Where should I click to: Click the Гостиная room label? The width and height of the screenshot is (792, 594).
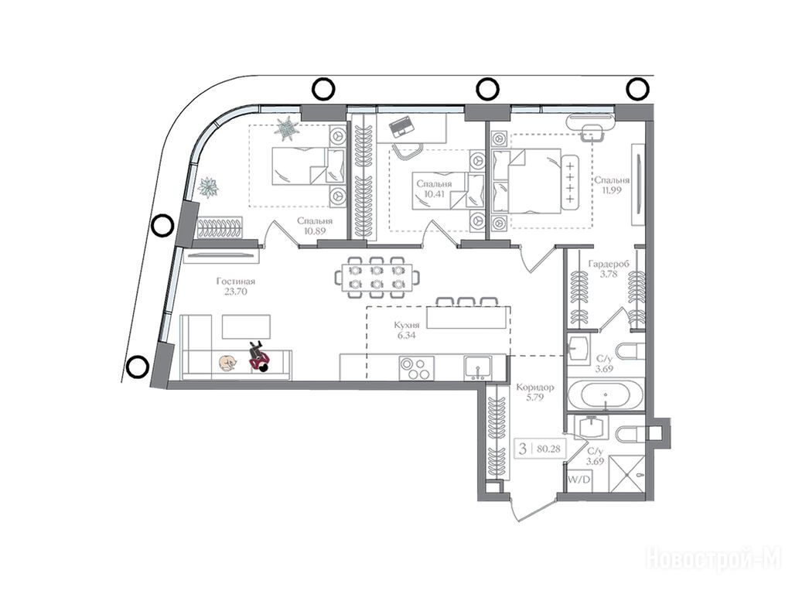click(236, 282)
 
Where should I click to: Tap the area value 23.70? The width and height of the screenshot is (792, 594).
click(236, 292)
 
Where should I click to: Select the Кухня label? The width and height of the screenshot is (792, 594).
click(407, 326)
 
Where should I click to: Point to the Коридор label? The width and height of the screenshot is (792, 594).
click(535, 387)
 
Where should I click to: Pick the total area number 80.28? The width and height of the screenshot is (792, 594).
click(549, 449)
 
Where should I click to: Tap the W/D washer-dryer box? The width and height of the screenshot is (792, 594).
click(579, 480)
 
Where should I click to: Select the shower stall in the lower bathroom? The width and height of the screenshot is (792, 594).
click(626, 473)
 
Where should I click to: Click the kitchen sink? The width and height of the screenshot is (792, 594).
click(477, 367)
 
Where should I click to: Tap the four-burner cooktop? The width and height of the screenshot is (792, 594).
click(417, 367)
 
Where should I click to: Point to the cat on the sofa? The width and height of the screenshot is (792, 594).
click(227, 363)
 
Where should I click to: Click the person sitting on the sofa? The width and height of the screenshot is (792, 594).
click(260, 357)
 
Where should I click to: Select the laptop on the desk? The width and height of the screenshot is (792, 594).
click(401, 127)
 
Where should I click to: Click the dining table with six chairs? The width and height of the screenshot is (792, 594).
click(377, 278)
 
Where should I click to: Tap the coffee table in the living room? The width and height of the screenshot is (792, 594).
click(246, 326)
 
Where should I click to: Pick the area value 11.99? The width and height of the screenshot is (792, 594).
click(612, 190)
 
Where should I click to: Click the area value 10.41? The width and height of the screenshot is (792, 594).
click(435, 193)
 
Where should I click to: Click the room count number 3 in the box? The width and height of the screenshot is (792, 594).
click(524, 449)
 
